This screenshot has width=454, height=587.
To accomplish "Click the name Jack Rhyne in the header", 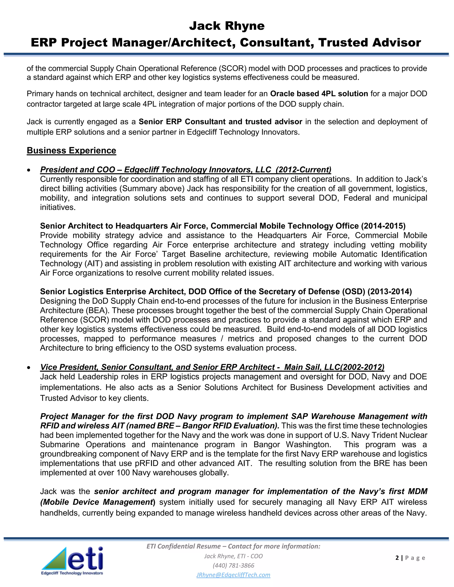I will pyautogui.click(x=227, y=26).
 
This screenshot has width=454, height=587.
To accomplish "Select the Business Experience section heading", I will pyautogui.click(x=71, y=150).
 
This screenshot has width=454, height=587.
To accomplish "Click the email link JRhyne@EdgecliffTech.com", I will pyautogui.click(x=233, y=575).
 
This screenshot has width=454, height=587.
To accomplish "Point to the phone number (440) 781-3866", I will pyautogui.click(x=233, y=565).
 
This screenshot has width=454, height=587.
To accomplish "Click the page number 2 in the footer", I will pyautogui.click(x=397, y=558).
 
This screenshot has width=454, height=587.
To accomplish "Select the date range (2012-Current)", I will pyautogui.click(x=303, y=170).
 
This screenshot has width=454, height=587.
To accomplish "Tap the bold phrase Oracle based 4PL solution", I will pyautogui.click(x=319, y=94).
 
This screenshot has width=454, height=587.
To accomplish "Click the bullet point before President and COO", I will pyautogui.click(x=29, y=170).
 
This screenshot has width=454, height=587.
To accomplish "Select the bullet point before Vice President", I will pyautogui.click(x=29, y=368).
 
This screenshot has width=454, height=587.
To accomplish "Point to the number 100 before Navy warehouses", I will pyautogui.click(x=123, y=473).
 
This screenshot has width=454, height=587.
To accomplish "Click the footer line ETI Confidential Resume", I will pyautogui.click(x=233, y=546).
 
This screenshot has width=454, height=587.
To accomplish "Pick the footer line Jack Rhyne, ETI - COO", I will pyautogui.click(x=233, y=556).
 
